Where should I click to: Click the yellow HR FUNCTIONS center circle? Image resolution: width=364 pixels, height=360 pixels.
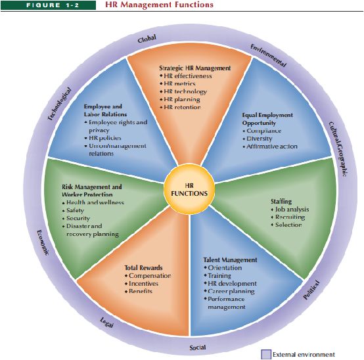pos(189,190)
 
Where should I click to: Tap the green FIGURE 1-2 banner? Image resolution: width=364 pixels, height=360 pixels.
pos(48,5)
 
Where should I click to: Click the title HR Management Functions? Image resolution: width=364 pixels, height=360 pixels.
pos(159,5)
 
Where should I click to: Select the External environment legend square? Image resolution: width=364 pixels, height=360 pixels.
pos(266,355)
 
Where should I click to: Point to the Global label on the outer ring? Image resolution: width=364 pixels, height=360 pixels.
pos(147,39)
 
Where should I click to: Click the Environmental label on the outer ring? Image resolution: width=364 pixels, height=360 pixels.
pos(268,55)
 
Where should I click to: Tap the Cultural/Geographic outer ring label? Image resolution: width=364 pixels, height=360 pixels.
pos(339,149)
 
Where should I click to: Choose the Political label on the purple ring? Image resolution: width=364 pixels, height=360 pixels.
pos(311,290)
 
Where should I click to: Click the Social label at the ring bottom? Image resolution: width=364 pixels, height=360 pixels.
pos(198,348)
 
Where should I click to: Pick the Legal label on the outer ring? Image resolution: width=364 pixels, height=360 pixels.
pos(107,323)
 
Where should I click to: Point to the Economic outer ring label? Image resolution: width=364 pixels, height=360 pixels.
pos(43,243)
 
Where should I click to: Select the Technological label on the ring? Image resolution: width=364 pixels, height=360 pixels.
pos(59,104)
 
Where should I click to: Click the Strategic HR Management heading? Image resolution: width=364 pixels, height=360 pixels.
pos(195,68)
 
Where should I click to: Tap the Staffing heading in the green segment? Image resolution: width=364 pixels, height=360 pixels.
pos(281,202)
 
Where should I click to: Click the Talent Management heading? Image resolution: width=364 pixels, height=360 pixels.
pos(230,259)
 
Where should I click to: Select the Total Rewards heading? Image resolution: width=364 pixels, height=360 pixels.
pos(143,267)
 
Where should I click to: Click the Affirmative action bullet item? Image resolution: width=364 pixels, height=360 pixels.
pos(270,146)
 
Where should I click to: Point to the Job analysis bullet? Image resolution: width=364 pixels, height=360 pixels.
pos(290,210)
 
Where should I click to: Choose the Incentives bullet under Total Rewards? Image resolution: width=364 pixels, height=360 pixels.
pos(142,283)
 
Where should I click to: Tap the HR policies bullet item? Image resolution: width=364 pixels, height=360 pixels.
pos(103,138)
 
